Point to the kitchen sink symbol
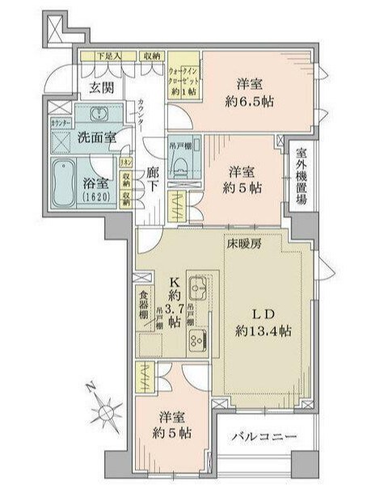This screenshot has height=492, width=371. coord(199,287)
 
